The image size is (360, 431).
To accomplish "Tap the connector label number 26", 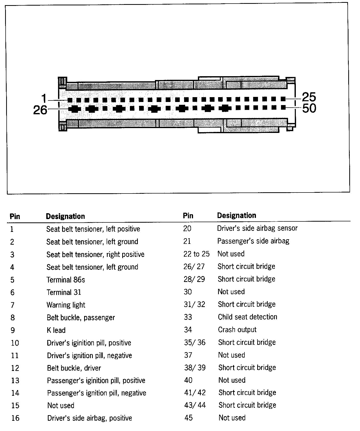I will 40,110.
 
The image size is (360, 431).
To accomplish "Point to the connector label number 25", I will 309,97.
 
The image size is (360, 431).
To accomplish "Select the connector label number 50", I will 309,108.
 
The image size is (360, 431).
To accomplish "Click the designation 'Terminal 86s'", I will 65,280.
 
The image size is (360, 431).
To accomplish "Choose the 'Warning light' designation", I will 66,305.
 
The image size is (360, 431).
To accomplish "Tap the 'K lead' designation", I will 56,330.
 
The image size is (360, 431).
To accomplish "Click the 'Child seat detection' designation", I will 247,317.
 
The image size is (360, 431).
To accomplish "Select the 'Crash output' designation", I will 237,330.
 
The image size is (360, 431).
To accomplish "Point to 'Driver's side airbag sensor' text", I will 257,228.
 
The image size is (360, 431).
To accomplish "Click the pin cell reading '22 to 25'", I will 196,254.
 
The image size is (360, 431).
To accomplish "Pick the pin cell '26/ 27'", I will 194,266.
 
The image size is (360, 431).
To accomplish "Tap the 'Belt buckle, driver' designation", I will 74,368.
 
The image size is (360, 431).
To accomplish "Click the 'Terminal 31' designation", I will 64,292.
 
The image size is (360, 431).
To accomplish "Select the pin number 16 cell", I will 15,418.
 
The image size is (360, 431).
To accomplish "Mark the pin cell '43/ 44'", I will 195,405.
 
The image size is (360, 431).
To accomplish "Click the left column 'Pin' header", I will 15,216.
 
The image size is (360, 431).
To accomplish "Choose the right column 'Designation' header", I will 237,215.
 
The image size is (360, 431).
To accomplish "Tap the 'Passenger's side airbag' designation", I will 253,241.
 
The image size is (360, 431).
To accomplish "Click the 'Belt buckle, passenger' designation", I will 81,317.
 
